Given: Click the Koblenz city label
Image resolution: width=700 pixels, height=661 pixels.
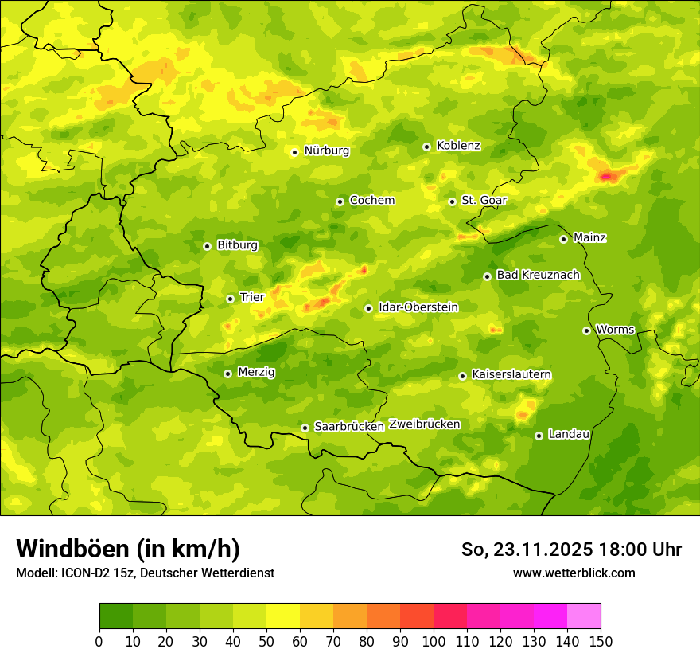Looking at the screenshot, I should pos(458,146).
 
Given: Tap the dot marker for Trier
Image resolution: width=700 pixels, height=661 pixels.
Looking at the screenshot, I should pos(230,299).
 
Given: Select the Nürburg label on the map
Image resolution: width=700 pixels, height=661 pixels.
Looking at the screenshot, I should pos(326,151).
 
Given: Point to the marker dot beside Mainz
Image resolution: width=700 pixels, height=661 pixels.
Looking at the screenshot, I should pos(563,239).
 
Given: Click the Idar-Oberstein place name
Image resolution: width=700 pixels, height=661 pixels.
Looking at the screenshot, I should pos(418,307).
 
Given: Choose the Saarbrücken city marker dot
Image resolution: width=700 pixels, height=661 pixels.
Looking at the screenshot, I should pos(305,428).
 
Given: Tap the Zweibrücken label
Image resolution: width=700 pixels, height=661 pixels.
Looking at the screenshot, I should pos(424,424).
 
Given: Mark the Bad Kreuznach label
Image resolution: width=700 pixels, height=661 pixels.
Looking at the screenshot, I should pos(538,275).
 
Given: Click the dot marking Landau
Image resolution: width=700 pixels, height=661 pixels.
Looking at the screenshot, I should pos(539,436).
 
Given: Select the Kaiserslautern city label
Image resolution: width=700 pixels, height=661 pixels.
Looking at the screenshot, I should pos(511,374).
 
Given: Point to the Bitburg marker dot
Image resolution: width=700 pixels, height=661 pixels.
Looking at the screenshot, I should pos(207,246).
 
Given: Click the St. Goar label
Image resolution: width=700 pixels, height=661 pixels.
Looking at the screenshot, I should pos(484,201).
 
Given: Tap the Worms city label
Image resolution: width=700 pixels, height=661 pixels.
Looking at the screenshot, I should pos(615,330).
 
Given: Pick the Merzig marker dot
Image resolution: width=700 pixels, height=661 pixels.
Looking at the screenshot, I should pos(227,374).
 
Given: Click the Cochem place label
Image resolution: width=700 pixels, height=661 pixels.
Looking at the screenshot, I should pos(371,201).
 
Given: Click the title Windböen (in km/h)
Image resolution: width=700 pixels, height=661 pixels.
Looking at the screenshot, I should pos(127,549).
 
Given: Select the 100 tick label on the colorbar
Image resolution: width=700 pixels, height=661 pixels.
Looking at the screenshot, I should pos(434,641).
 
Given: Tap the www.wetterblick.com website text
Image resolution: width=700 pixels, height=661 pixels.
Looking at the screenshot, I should pos(574,573).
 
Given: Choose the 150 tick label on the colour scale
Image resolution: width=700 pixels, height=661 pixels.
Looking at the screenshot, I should pos(601,641).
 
